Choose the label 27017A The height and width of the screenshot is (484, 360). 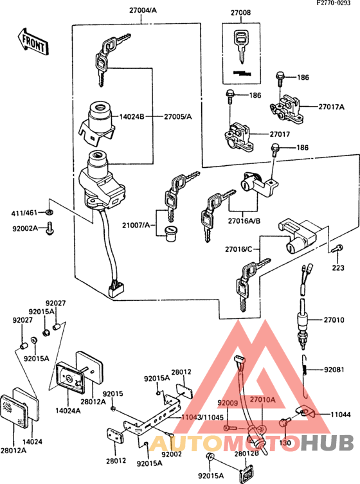pos(332,107)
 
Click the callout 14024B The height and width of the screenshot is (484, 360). pos(132,116)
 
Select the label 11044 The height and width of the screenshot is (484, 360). pos(341,416)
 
